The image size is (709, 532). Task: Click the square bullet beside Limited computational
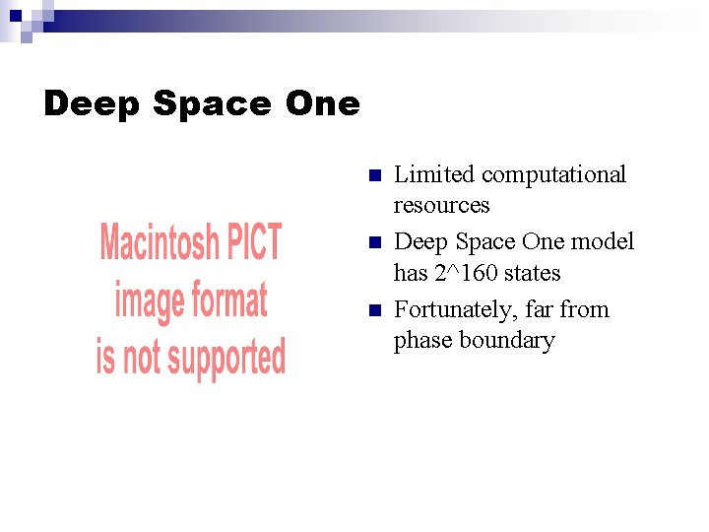tap(373, 176)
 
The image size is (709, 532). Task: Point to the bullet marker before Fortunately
tap(373, 311)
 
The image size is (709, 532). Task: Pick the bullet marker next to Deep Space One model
tap(373, 243)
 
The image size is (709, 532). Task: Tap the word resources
tap(441, 205)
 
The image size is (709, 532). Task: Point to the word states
tap(532, 273)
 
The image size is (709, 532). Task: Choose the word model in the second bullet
tap(603, 242)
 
